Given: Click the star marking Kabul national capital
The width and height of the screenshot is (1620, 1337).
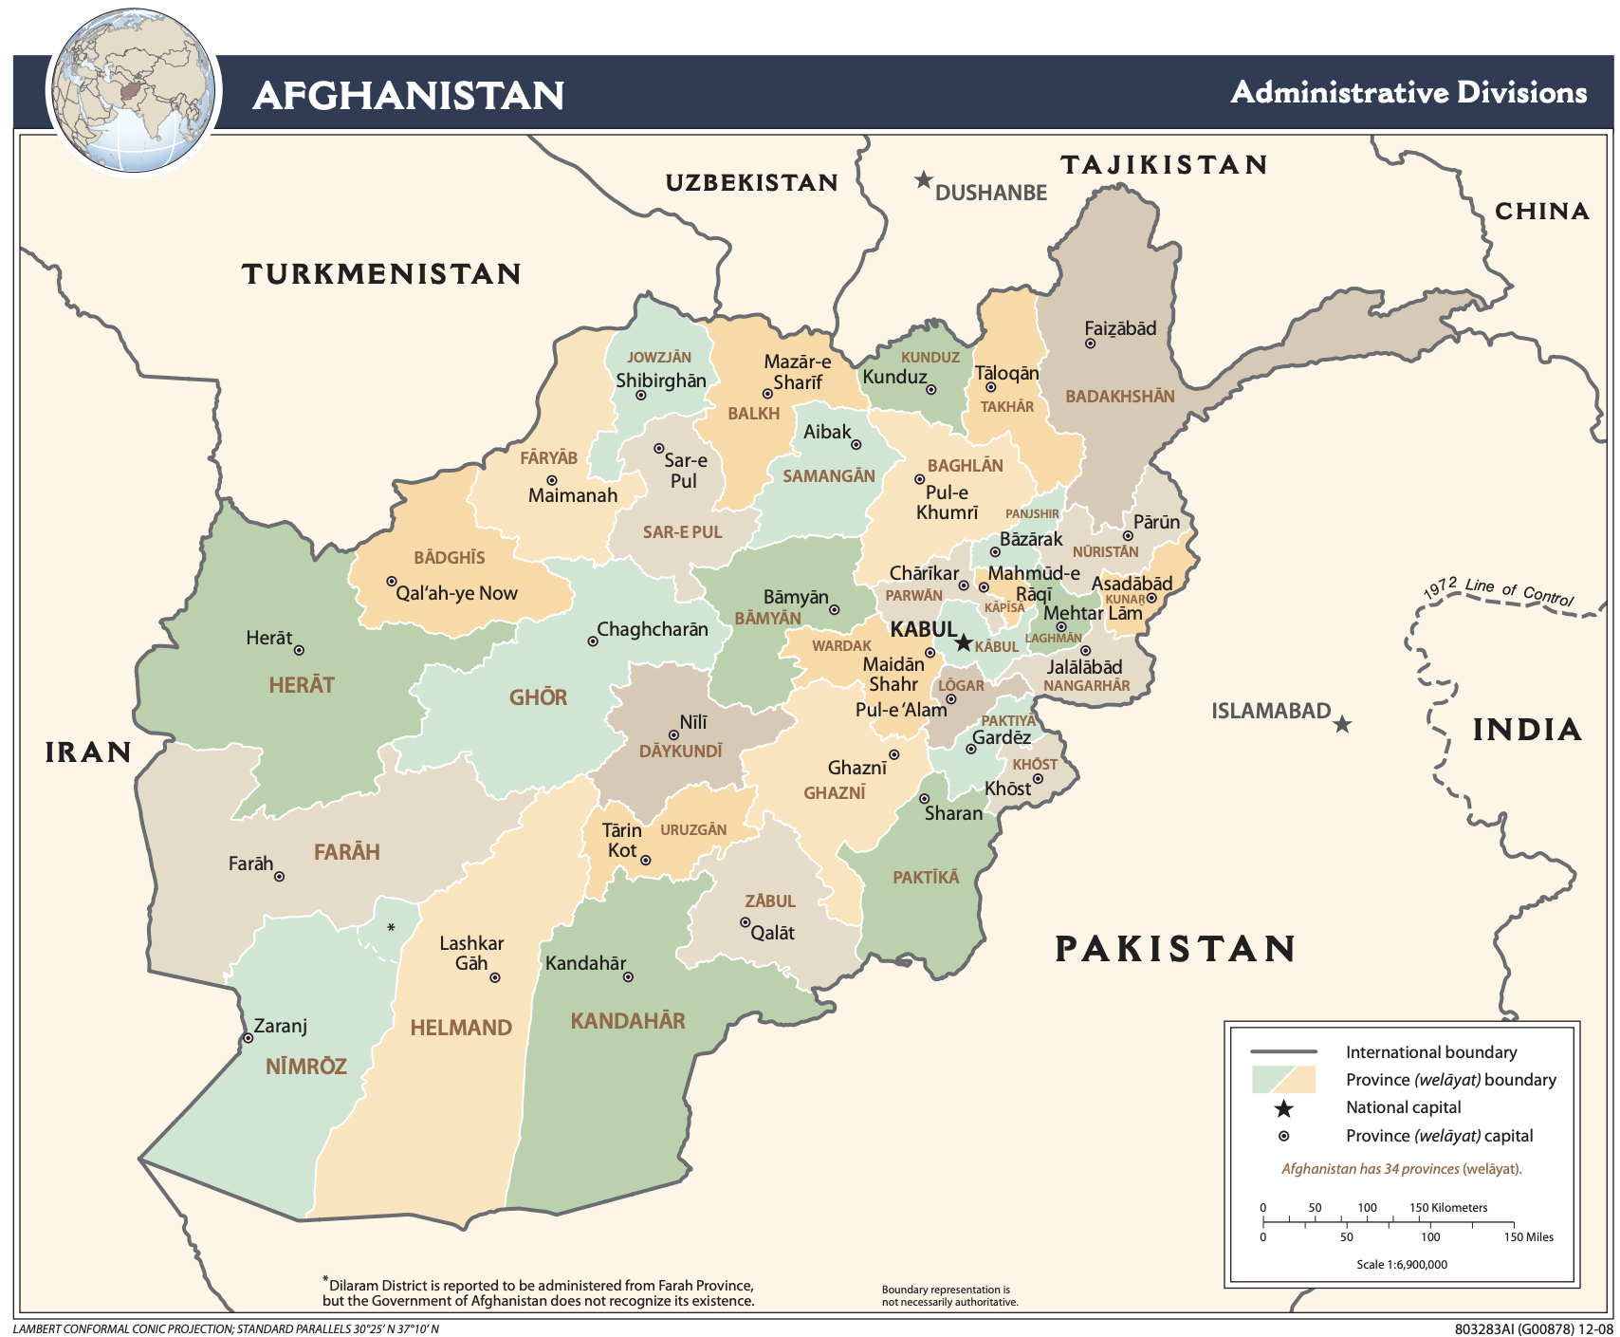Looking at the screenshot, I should [x=963, y=643].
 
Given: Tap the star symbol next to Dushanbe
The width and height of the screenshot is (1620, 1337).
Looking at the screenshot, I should [x=923, y=180].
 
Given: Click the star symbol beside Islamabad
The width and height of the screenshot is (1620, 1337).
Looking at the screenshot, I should [x=1342, y=725].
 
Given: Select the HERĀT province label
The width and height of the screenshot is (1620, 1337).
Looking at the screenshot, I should [x=302, y=685].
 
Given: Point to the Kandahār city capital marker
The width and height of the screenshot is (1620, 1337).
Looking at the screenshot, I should [x=628, y=976].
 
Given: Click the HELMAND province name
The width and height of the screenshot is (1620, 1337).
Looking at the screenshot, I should [x=461, y=1028].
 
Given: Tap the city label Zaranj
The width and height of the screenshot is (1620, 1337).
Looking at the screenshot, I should [x=281, y=1026].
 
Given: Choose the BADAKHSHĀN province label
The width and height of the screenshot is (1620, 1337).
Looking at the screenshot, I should [x=1119, y=397].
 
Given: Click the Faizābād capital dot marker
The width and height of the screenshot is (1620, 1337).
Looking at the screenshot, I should [x=1090, y=344].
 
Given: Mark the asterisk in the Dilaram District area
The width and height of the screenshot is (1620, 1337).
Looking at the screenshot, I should [x=391, y=927].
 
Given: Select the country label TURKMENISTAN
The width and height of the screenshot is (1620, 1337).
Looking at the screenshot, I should [x=381, y=274].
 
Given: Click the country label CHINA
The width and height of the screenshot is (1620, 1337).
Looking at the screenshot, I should [x=1541, y=212].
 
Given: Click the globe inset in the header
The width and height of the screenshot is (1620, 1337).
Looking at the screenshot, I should [x=133, y=92].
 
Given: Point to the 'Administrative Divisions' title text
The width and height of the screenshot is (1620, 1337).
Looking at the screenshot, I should [x=1408, y=93].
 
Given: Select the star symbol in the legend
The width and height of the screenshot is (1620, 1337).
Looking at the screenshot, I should [x=1283, y=1108].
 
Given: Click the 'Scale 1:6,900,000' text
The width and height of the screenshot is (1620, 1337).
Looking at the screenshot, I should [x=1401, y=1264].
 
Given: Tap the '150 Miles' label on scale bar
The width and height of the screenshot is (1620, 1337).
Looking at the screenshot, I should [x=1528, y=1236].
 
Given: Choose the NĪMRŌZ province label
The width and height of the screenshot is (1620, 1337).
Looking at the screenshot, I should [x=305, y=1067].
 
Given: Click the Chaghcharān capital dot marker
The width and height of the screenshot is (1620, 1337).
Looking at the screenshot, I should [x=593, y=641].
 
